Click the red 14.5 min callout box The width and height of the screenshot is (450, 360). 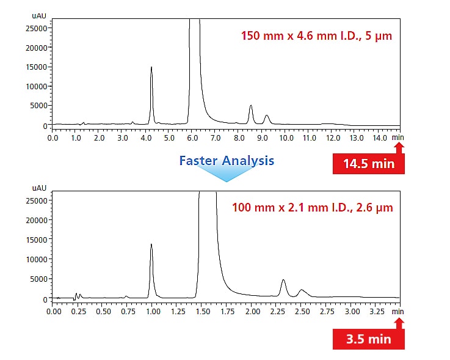368,164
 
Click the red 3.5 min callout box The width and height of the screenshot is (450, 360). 368,339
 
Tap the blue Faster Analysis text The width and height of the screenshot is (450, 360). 227,161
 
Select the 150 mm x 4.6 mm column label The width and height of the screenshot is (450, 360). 316,35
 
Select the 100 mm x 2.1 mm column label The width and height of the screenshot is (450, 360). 313,208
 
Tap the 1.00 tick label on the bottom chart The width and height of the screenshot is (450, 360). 153,311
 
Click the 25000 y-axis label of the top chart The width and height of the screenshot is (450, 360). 40,28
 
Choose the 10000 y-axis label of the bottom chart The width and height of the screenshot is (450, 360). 40,259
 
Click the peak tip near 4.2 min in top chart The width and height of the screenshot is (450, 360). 151,68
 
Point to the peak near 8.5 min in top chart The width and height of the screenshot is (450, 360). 251,106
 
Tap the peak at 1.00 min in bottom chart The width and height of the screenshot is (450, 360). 151,244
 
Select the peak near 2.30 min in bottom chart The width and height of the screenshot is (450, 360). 283,281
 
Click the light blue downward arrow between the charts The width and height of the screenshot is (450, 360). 227,175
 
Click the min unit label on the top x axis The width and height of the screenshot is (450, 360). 398,138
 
